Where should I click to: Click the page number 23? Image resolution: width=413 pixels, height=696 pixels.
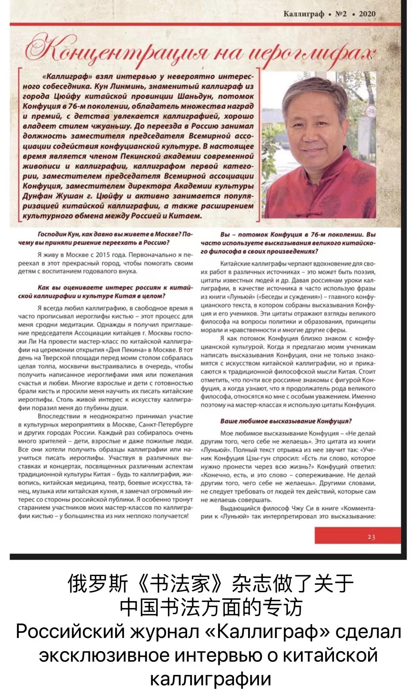click(x=371, y=537)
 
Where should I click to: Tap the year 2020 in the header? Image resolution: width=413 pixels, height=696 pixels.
click(x=367, y=14)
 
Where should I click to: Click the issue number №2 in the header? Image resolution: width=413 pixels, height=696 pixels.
click(x=341, y=14)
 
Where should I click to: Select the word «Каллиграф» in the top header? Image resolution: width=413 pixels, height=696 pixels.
click(x=303, y=14)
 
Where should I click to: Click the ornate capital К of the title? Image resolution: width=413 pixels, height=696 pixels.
click(x=40, y=50)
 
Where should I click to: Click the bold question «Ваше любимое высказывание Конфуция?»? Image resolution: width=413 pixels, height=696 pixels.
click(x=286, y=421)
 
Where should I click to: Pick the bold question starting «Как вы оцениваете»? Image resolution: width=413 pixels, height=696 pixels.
click(x=105, y=292)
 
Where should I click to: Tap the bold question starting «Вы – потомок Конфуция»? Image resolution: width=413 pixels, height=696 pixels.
click(x=288, y=243)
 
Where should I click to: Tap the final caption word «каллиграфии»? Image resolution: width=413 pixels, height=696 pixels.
click(x=210, y=679)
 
